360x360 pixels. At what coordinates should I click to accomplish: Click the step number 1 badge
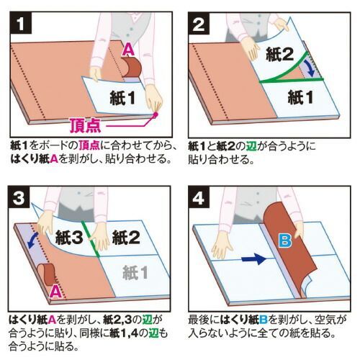[21, 23]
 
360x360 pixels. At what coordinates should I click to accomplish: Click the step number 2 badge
[199, 23]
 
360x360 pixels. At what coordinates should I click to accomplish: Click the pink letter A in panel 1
[129, 50]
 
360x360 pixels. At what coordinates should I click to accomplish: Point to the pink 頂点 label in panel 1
[86, 125]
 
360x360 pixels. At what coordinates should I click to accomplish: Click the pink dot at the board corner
[156, 114]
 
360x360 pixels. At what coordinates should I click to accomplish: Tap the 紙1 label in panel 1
[122, 98]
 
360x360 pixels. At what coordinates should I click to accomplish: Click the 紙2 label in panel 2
[279, 54]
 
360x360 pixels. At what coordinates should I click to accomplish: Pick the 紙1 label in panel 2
[300, 97]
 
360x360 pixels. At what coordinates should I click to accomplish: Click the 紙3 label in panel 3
[69, 237]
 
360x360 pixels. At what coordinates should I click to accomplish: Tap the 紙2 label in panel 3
[126, 237]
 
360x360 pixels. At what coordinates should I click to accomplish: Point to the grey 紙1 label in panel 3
[135, 272]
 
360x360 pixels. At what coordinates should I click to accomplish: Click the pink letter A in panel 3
[55, 292]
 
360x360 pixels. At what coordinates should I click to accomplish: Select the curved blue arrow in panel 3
[32, 240]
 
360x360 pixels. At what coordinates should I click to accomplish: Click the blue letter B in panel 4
[285, 240]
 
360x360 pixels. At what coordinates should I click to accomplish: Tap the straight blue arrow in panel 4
[253, 259]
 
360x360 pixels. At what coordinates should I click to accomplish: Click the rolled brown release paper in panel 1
[132, 67]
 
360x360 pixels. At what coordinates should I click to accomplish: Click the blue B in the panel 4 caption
[264, 320]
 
